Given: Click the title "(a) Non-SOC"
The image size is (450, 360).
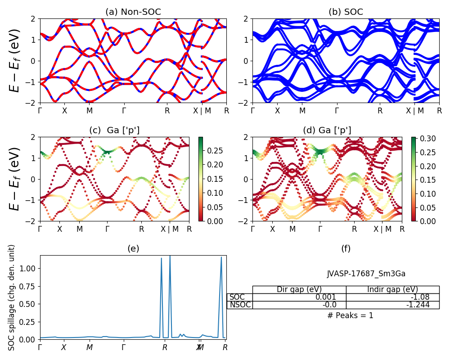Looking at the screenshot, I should pyautogui.click(x=133, y=12).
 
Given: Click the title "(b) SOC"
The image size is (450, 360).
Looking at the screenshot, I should pyautogui.click(x=346, y=12).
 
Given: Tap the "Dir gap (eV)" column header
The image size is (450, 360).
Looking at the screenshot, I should pyautogui.click(x=299, y=289).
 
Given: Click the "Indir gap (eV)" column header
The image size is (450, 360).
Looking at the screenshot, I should pyautogui.click(x=392, y=289).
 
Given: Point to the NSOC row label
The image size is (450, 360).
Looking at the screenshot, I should pyautogui.click(x=240, y=305).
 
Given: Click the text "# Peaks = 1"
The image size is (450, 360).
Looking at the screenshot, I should pyautogui.click(x=350, y=315).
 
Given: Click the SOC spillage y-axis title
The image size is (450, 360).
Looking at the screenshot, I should pyautogui.click(x=12, y=297).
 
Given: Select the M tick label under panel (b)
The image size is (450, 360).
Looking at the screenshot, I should pyautogui.click(x=302, y=111).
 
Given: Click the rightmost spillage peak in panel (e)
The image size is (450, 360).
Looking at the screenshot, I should pyautogui.click(x=221, y=257).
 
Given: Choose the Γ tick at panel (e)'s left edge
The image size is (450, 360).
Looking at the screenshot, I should pyautogui.click(x=40, y=347).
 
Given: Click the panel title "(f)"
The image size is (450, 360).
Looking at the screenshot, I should pyautogui.click(x=346, y=248).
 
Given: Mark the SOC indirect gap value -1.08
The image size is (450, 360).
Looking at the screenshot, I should pyautogui.click(x=420, y=297).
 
